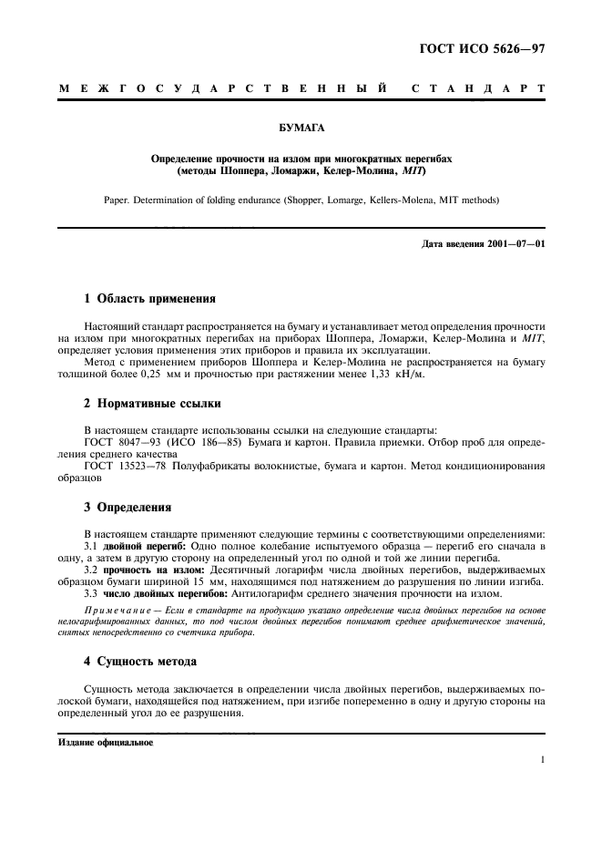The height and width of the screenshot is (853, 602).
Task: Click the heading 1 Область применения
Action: click(149, 297)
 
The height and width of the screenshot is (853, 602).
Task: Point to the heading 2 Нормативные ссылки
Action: click(151, 403)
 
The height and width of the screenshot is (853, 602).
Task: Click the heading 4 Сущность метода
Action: click(140, 661)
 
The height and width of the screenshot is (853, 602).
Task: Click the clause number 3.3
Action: click(91, 594)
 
